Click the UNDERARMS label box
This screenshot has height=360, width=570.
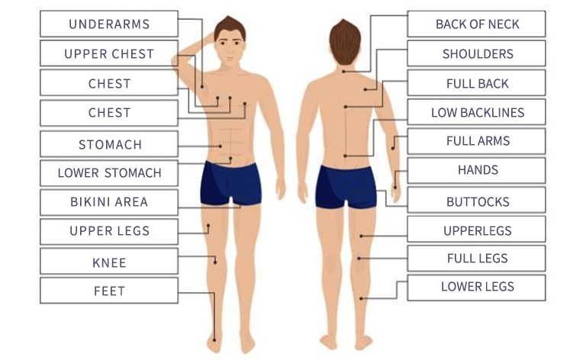click(x=109, y=24)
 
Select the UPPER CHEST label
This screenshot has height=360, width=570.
click(x=109, y=53)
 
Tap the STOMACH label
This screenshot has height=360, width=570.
click(x=109, y=144)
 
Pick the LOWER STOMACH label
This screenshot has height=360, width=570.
click(x=109, y=172)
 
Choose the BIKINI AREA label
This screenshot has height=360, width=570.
click(x=109, y=202)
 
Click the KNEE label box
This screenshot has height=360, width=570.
click(x=109, y=262)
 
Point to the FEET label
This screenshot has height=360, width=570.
click(x=109, y=291)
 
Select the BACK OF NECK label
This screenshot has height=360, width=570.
click(x=477, y=24)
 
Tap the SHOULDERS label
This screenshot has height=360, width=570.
click(x=477, y=53)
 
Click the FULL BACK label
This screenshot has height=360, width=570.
click(x=477, y=82)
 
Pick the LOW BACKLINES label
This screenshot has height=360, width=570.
click(x=477, y=112)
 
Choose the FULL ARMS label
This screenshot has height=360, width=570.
click(x=477, y=141)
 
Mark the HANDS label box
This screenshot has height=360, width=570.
click(x=477, y=170)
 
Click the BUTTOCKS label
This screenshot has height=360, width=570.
click(x=477, y=202)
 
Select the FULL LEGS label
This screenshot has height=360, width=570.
click(x=477, y=258)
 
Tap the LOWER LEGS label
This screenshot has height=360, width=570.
click(x=477, y=287)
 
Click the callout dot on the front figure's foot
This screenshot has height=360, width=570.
click(x=216, y=339)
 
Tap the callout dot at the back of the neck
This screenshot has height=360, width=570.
click(x=345, y=71)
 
